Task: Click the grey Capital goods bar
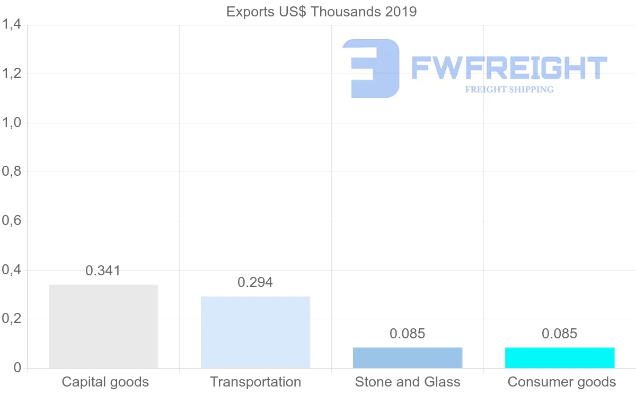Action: tap(103, 326)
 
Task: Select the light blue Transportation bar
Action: tap(255, 332)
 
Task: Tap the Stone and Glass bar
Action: tap(408, 357)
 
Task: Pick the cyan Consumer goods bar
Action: tap(560, 357)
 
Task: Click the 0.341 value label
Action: tap(103, 271)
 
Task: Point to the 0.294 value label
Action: tap(255, 282)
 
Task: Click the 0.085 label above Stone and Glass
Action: tap(407, 334)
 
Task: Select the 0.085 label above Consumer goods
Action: tap(559, 334)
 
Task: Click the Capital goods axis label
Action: tap(105, 382)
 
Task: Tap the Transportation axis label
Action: tap(255, 382)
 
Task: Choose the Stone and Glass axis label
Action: tap(408, 382)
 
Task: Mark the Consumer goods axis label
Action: tap(562, 382)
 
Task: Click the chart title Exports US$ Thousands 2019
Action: tap(322, 12)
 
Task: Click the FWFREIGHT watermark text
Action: tap(509, 68)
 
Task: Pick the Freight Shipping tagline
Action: tap(509, 89)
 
